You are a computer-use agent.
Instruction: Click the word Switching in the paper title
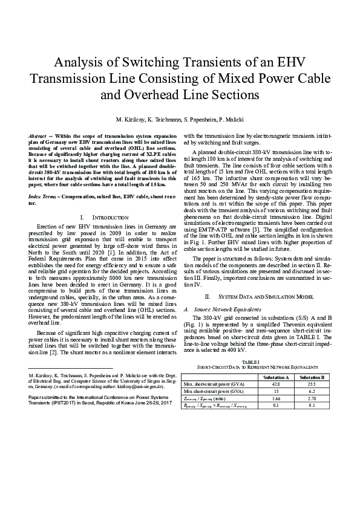click(148, 62)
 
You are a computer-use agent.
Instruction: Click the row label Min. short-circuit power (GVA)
click(215, 392)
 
